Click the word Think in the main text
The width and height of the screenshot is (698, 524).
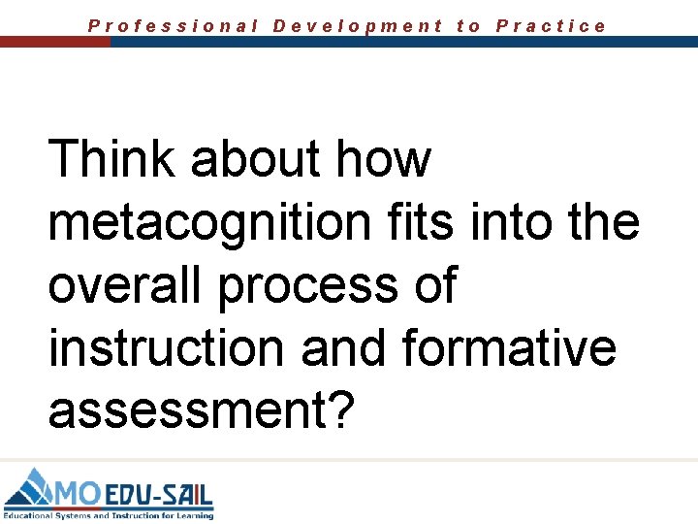click(111, 159)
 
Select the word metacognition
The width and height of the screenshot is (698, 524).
click(209, 224)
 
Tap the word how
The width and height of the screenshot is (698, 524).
click(382, 159)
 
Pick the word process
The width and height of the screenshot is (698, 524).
click(306, 288)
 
